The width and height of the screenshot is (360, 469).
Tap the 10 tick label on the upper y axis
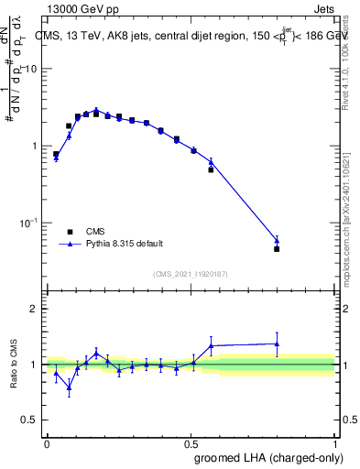(x=31, y=70)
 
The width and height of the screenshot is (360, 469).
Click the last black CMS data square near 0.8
(x=277, y=248)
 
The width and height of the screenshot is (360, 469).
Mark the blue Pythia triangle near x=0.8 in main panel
(x=277, y=241)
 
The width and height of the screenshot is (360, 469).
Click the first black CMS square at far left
(x=56, y=154)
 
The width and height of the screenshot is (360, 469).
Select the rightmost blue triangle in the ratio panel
(x=277, y=344)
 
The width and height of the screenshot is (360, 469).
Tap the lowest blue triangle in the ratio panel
(x=69, y=387)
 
